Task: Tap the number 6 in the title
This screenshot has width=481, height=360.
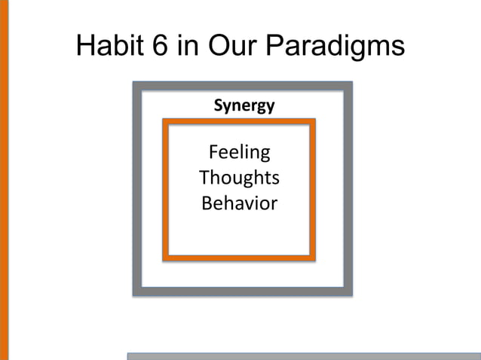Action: point(161,47)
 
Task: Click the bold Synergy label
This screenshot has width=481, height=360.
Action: point(244,105)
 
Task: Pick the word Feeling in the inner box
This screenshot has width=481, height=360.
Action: point(239,153)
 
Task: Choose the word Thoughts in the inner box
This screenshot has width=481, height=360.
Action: point(239,178)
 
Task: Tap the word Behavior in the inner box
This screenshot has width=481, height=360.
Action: point(239,203)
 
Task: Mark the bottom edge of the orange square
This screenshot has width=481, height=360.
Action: point(239,258)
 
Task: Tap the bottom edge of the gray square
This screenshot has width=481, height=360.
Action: point(242,291)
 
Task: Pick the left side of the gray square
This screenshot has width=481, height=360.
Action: point(137,188)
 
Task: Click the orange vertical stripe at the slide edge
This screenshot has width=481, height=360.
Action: point(4,180)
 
